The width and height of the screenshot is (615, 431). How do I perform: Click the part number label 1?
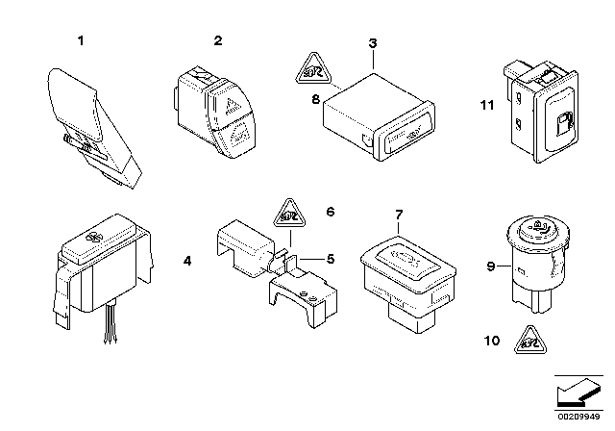click(81, 40)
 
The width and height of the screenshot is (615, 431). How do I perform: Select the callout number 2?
click(217, 40)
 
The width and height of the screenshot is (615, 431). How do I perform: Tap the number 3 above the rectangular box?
click(373, 43)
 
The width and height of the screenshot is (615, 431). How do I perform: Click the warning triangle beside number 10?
click(529, 337)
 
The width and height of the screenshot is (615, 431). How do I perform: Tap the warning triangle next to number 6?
click(288, 212)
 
